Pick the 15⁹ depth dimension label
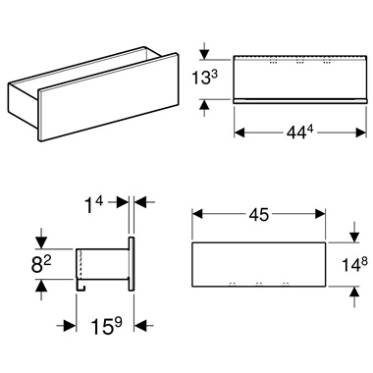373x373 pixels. [x=101, y=324]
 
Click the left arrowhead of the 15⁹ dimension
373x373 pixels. [x=71, y=325]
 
